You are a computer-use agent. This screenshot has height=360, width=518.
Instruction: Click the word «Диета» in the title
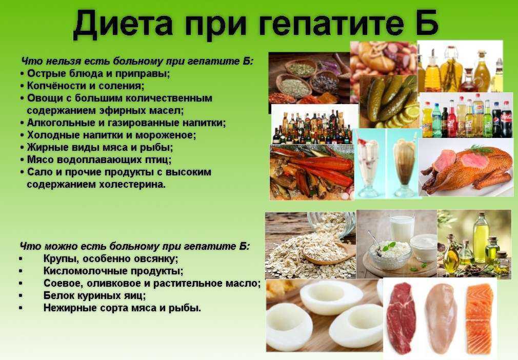click(124, 24)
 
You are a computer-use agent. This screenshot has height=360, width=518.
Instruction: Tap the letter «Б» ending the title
click(427, 23)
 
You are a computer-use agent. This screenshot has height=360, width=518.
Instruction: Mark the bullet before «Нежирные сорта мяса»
click(21, 308)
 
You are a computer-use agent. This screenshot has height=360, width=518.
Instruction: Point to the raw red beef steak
click(401, 318)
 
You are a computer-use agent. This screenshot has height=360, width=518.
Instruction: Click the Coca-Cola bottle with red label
click(507, 119)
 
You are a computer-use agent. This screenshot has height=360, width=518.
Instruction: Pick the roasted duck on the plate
click(466, 168)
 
